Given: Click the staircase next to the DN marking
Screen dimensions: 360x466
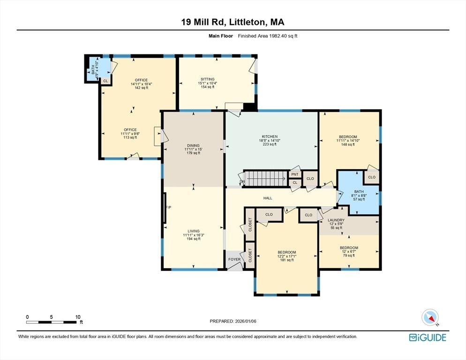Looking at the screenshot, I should point(265,179).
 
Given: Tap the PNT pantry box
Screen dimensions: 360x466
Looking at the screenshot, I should point(295,174).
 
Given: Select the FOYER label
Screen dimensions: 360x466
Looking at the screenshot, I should point(234,259).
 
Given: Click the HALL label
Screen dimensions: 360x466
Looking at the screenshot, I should point(268,198).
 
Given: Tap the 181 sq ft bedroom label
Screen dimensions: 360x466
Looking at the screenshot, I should point(286,256).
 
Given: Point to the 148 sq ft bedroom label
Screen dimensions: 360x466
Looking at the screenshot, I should point(349,140).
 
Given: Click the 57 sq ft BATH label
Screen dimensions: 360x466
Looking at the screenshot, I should point(359,195).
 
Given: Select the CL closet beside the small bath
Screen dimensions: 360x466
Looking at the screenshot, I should point(105,81).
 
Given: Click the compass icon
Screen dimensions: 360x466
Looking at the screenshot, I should point(430,317).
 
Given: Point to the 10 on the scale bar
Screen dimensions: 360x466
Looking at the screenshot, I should point(78,317).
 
